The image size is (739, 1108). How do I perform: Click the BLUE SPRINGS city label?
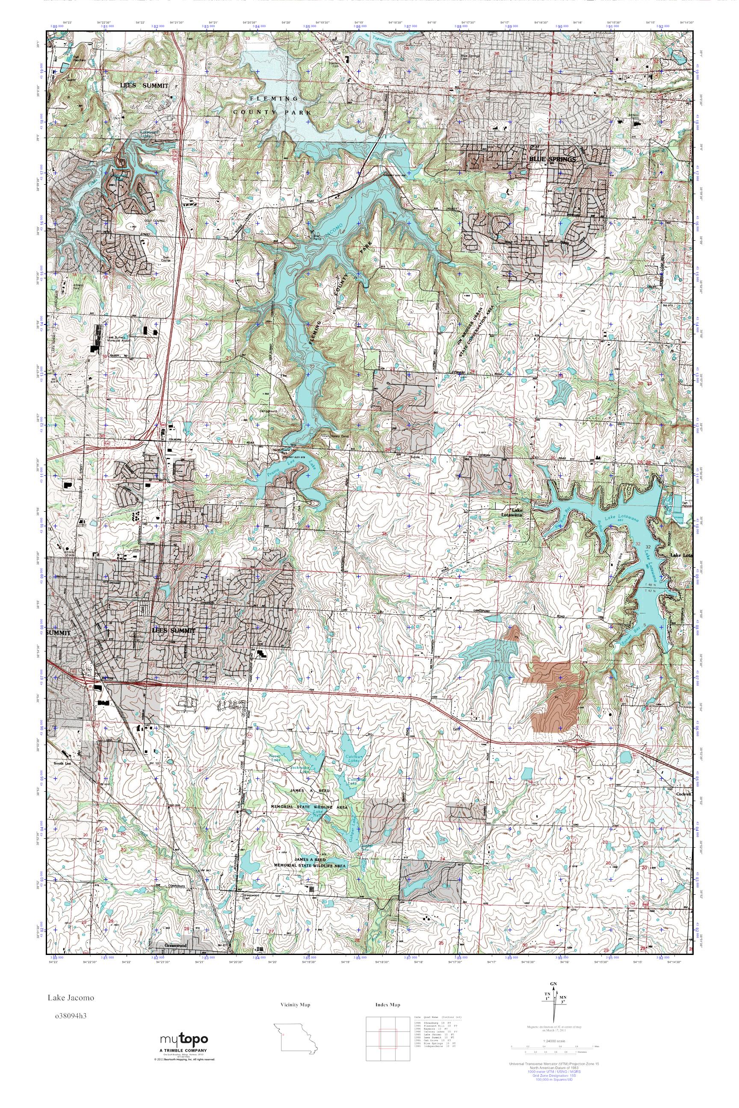click(x=553, y=160)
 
